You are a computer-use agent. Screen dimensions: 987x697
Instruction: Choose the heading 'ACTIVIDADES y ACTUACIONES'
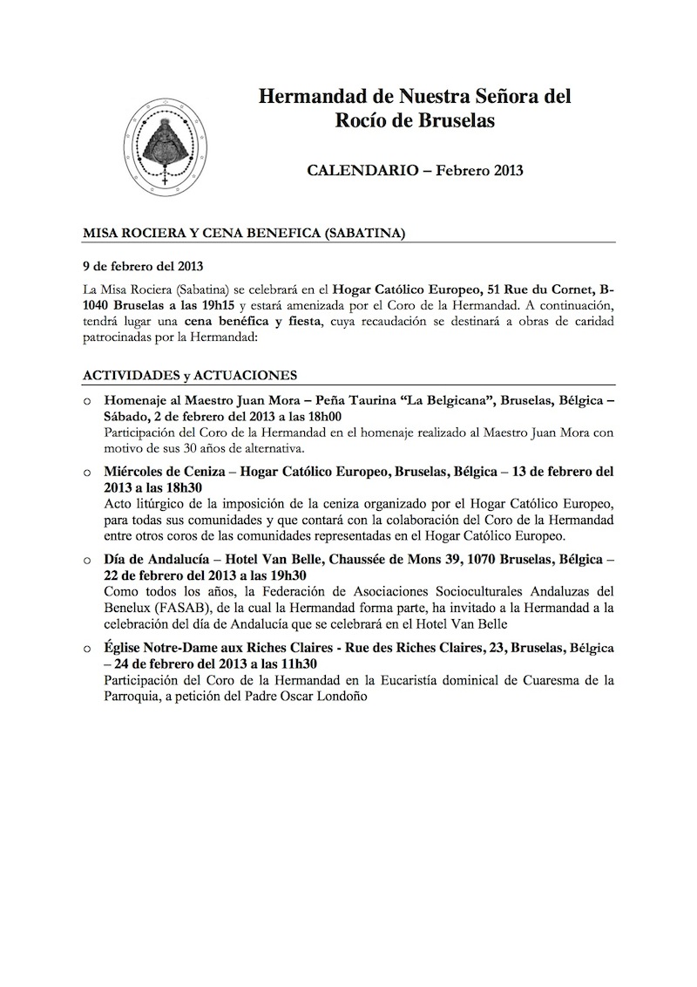point(190,375)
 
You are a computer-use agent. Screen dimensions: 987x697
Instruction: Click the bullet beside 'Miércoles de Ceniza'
point(87,472)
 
